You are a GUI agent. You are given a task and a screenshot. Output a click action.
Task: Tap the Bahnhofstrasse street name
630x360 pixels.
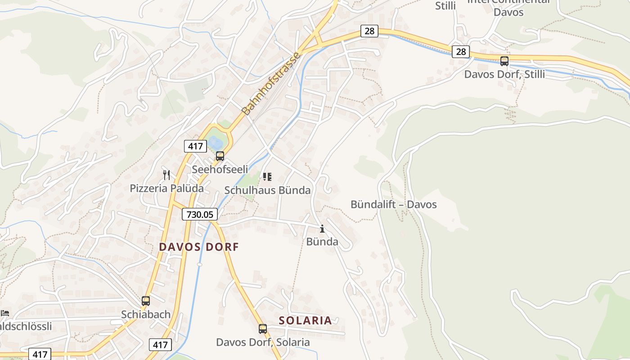coord(271,84)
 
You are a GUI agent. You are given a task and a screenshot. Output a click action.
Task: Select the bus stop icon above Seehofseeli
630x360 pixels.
coord(220,156)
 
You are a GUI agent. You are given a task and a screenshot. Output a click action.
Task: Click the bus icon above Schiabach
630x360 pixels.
coord(146,301)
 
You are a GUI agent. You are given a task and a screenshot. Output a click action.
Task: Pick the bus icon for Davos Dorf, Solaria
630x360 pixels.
coord(263,329)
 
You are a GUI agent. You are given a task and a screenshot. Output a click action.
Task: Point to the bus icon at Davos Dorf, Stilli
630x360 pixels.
coord(504,61)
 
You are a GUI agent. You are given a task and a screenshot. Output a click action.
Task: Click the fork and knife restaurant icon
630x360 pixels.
coord(166,175)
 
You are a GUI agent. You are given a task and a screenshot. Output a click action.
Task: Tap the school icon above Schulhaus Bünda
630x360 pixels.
coord(267,177)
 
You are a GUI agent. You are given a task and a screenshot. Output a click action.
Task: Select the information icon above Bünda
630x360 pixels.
coord(322,229)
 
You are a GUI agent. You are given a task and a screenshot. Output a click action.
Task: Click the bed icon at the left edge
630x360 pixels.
coord(4,313)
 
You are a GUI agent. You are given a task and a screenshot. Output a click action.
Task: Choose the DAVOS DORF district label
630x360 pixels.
coord(199,247)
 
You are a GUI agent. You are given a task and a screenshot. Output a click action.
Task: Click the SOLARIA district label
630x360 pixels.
coord(305,320)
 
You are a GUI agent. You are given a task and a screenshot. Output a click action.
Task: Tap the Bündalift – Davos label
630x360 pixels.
coord(393,204)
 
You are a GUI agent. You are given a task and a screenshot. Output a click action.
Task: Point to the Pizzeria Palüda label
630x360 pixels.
coord(166,188)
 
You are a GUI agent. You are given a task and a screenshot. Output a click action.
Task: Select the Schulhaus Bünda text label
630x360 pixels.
coord(267,190)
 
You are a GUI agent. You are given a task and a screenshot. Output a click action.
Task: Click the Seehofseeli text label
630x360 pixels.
coord(220,170)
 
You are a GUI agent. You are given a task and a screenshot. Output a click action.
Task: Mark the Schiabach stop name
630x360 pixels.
coord(146,314)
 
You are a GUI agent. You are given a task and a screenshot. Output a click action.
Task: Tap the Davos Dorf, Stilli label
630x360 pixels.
coord(504,74)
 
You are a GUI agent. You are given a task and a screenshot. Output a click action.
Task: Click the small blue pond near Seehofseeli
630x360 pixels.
coord(216,143)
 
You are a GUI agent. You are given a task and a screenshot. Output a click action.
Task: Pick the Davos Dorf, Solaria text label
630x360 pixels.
coord(263,342)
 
